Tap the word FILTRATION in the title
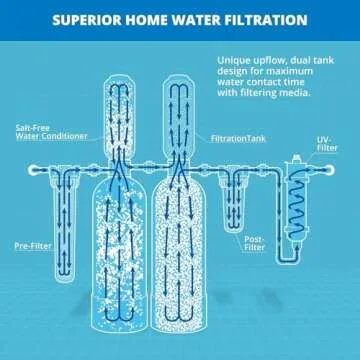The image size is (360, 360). [262, 20]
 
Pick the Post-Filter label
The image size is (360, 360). [256, 243]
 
